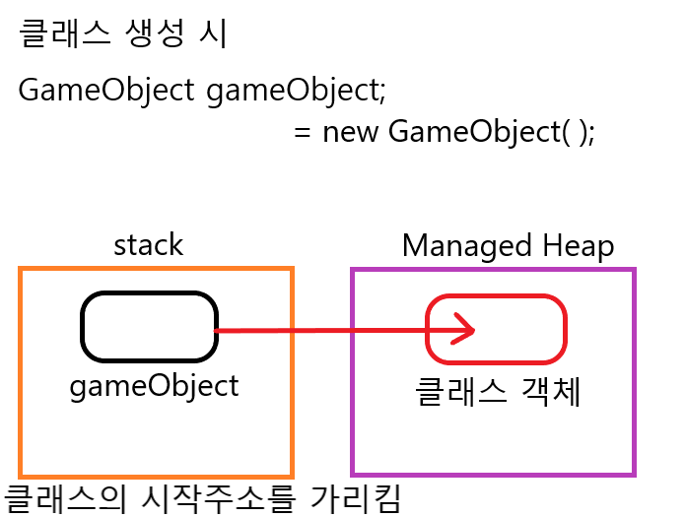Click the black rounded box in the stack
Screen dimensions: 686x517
coord(149,327)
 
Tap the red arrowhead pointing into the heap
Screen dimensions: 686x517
coord(465,331)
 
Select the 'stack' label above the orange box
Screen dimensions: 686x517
coord(148,244)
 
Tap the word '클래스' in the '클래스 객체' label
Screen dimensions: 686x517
coord(452,393)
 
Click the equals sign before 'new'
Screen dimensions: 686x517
coord(303,132)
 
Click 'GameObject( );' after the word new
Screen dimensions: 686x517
coord(492,131)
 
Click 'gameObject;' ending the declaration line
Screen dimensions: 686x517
coord(297,91)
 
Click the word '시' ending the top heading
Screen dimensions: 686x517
coord(214,34)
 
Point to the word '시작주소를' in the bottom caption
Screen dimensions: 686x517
coord(220,497)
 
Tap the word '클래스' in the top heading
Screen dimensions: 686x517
coord(65,34)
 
